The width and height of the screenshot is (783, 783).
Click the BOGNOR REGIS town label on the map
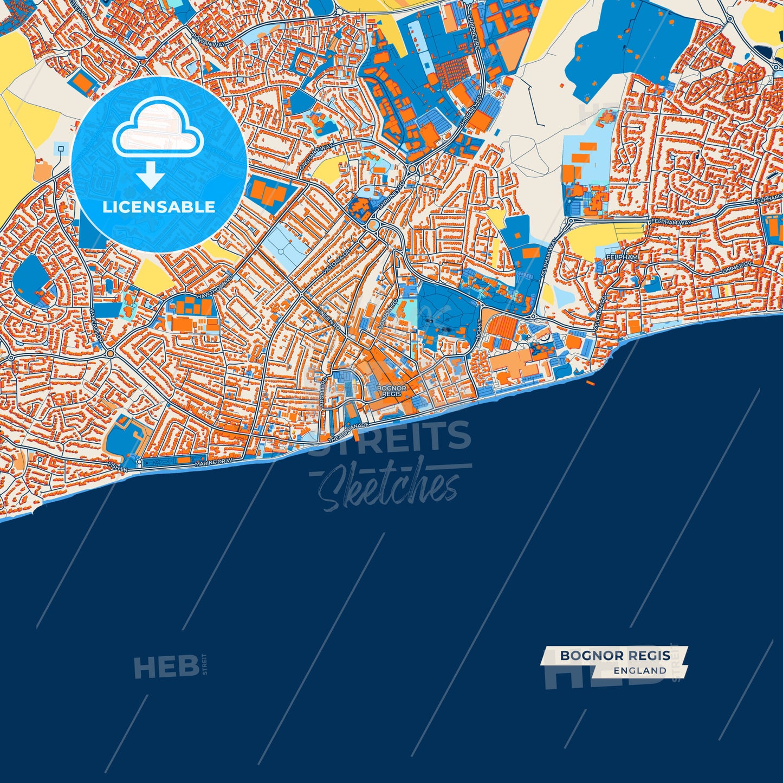(x=391, y=391)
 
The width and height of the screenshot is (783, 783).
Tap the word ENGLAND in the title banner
(x=640, y=671)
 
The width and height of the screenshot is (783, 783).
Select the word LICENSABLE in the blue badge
(x=159, y=207)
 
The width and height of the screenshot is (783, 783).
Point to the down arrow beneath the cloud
(x=151, y=176)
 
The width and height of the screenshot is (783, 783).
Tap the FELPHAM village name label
(x=622, y=257)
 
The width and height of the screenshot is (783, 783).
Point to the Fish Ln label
(x=118, y=466)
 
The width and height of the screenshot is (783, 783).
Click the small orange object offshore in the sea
(x=590, y=383)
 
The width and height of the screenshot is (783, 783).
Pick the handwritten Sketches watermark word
(x=388, y=486)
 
